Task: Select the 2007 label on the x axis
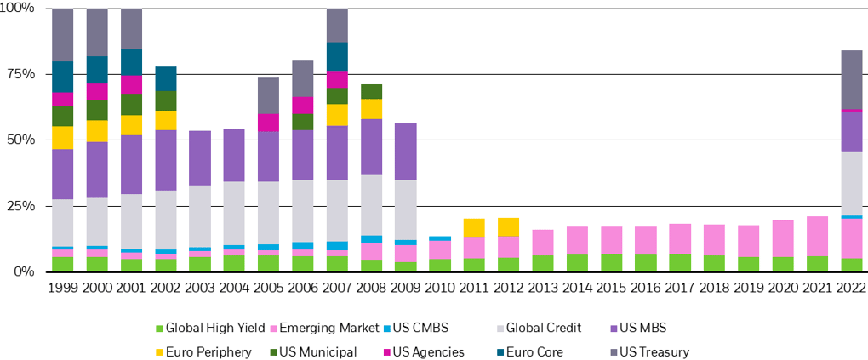(x=337, y=288)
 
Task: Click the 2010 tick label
(x=440, y=288)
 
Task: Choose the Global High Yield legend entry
(x=209, y=327)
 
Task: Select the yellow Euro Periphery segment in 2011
(x=474, y=228)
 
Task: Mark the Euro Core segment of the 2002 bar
(x=166, y=78)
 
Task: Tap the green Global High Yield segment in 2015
(x=611, y=262)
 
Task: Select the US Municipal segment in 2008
(x=371, y=91)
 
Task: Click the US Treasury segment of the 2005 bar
(x=269, y=95)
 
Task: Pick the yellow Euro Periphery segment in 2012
(x=508, y=227)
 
